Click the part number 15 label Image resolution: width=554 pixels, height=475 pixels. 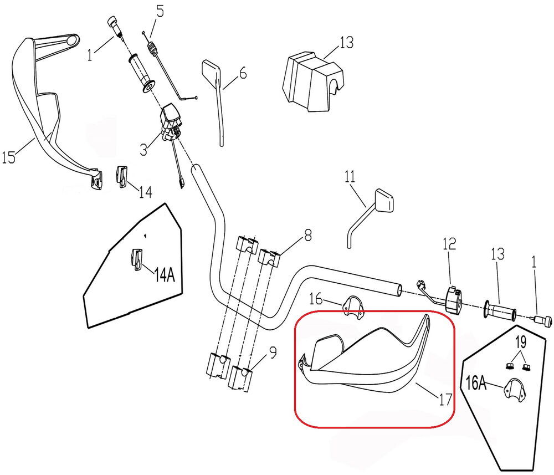[x=9, y=158]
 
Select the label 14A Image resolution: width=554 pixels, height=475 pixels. [x=165, y=275]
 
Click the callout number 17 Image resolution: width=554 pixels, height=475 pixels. [x=444, y=398]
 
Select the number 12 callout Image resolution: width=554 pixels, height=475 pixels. [x=449, y=243]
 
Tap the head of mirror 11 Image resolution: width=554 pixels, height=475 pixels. [x=384, y=200]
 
